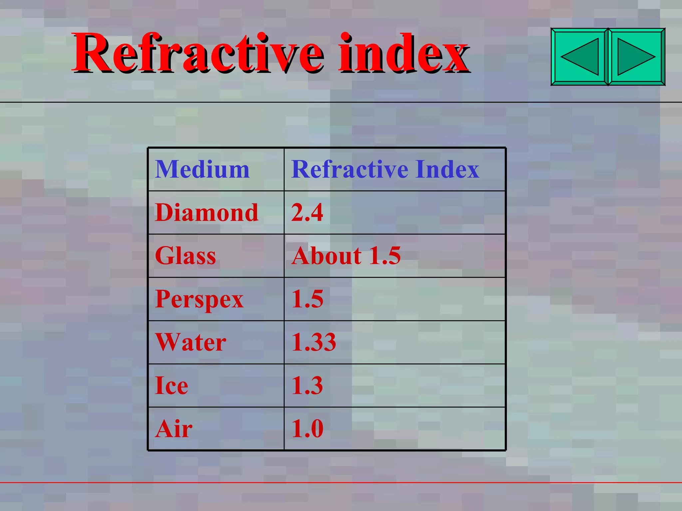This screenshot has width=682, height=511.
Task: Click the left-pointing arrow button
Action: pos(579,57)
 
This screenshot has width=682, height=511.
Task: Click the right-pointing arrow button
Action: pos(636,57)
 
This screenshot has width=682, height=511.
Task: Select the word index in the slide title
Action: pos(403,53)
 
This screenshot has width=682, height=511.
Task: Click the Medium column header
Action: pos(202,169)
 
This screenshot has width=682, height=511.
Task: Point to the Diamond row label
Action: pos(206,213)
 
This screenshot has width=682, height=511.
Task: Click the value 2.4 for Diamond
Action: pos(307,213)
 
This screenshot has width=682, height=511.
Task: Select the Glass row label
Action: pos(185,256)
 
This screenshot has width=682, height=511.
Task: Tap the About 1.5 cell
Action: pos(346,256)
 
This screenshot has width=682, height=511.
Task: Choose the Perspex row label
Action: pos(199,299)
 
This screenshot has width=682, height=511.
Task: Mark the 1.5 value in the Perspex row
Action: pos(307,299)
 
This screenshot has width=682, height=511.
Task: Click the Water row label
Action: pos(191,342)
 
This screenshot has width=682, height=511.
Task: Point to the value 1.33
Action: pos(314,342)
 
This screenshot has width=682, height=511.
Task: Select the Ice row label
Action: pos(171,386)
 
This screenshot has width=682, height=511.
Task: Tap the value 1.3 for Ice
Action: pos(307,386)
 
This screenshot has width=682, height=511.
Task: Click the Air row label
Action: pos(173,429)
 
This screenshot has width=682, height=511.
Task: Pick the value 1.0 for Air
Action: pos(307,429)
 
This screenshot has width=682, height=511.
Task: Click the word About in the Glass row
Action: pos(326,256)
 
